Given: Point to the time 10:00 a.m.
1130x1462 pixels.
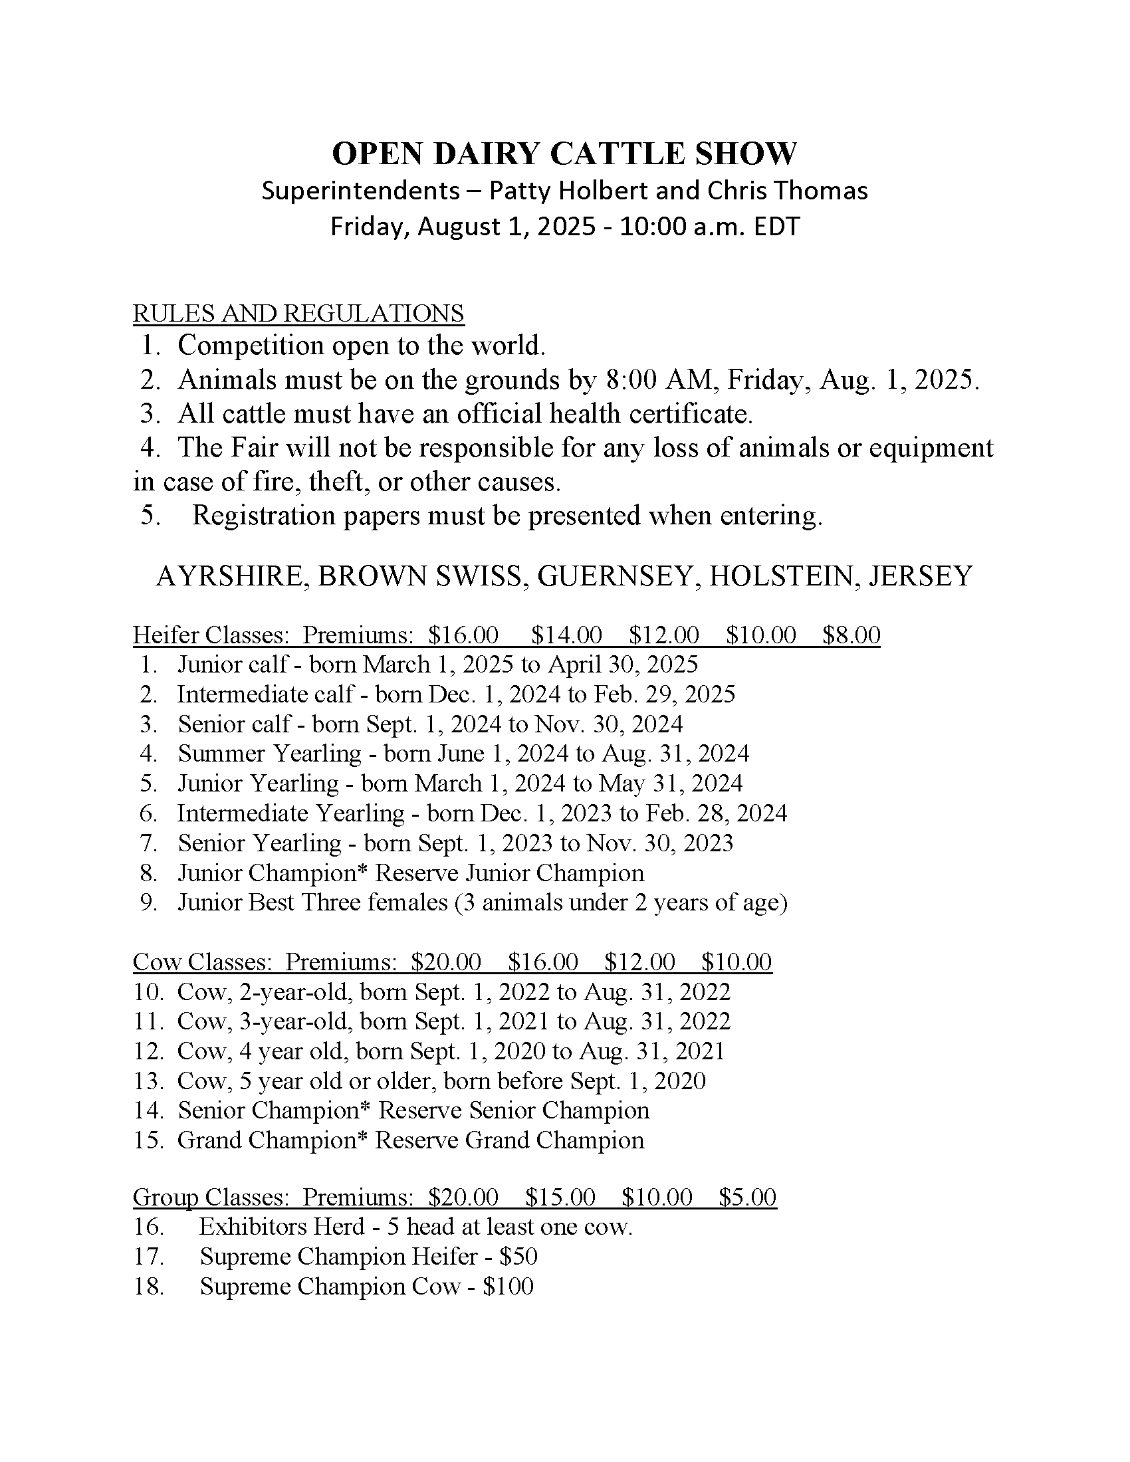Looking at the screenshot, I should (x=680, y=227).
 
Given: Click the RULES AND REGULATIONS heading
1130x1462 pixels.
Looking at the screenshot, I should (x=298, y=313).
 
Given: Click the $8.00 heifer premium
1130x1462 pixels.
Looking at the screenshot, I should (x=851, y=635).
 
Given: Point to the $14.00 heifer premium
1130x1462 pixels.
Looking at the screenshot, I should (x=566, y=635).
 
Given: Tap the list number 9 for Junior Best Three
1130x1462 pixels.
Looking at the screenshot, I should (x=148, y=902).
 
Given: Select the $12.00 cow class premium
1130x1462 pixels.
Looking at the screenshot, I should (x=639, y=962).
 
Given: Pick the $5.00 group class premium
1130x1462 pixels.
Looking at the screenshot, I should (x=747, y=1197).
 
